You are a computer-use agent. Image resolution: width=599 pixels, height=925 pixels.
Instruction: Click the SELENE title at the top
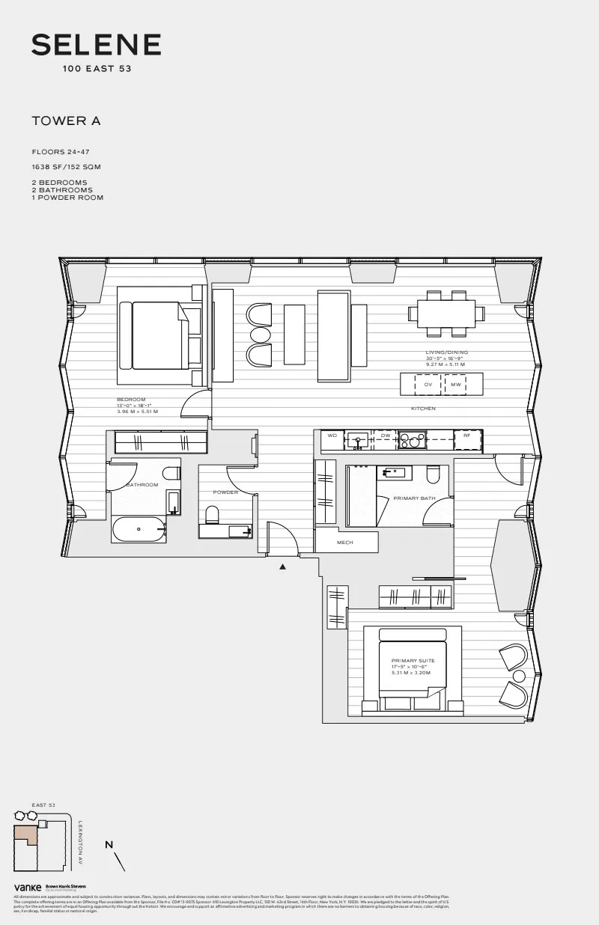click(x=96, y=46)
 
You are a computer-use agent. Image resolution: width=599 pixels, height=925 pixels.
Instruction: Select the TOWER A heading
click(x=66, y=120)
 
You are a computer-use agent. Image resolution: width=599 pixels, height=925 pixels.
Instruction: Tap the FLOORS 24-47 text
click(x=61, y=152)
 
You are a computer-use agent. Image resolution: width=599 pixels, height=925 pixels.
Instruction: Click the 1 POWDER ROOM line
click(x=67, y=198)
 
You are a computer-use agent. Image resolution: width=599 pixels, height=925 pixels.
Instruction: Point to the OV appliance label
click(x=428, y=384)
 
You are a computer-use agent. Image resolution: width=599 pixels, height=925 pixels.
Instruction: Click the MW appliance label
click(x=455, y=384)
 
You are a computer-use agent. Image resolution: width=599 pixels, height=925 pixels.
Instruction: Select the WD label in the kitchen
click(x=332, y=435)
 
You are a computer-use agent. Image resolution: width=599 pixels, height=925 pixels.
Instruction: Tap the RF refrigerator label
click(x=466, y=435)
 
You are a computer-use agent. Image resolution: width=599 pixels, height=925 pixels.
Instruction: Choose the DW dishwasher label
click(x=386, y=435)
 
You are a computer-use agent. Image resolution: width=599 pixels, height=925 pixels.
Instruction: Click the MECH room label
click(x=344, y=543)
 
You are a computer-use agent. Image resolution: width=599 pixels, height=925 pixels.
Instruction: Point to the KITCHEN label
click(x=423, y=409)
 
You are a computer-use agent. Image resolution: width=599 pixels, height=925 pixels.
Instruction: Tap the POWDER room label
click(x=225, y=492)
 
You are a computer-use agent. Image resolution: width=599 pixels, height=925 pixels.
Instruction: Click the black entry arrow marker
click(x=282, y=567)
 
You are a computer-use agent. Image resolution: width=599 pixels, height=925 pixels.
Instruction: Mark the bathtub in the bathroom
click(x=139, y=529)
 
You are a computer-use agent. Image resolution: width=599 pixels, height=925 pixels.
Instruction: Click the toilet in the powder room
click(x=211, y=514)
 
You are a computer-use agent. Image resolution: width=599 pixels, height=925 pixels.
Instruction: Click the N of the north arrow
click(x=109, y=845)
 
